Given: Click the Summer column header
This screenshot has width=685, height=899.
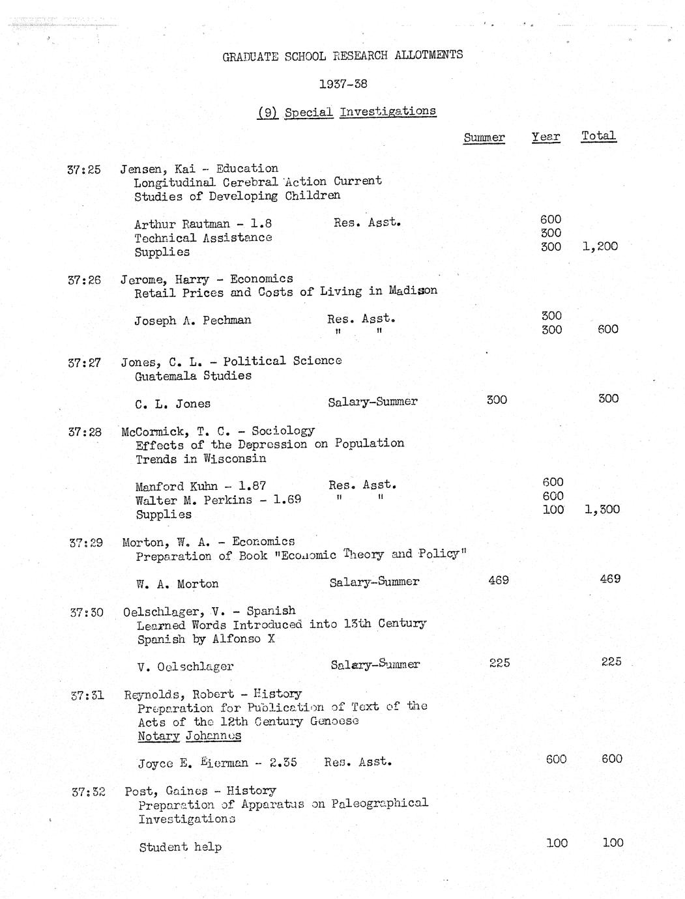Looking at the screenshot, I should [x=484, y=137].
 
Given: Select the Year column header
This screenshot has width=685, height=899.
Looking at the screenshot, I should [x=546, y=136].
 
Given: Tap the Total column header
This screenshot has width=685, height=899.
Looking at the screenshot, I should [x=598, y=136].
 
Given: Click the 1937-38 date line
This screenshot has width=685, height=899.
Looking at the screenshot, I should [x=343, y=84].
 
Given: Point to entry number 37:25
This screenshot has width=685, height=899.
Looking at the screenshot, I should [x=84, y=170].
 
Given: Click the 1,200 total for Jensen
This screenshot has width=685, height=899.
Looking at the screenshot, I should [x=600, y=246].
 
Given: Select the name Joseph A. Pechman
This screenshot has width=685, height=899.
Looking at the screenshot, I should [x=192, y=321].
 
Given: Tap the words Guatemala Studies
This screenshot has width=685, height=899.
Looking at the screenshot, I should [x=193, y=376].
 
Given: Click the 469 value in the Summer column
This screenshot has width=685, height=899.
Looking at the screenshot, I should [x=498, y=579].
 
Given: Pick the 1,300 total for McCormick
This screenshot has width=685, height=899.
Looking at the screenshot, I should [x=602, y=509].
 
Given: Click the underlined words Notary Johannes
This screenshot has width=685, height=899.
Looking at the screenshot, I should [x=189, y=736].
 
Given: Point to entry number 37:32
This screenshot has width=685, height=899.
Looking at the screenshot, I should [x=88, y=792].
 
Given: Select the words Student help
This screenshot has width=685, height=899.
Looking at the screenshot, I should [x=180, y=847].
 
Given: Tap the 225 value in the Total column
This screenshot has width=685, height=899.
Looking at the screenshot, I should [x=611, y=662].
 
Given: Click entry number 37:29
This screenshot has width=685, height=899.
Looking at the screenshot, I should [x=86, y=543].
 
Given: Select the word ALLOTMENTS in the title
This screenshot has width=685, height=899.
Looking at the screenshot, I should [x=429, y=55].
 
